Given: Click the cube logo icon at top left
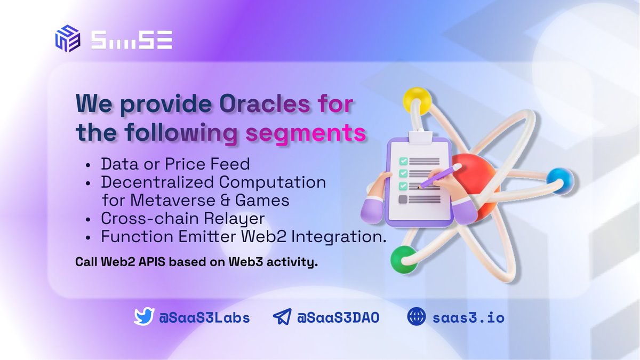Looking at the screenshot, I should coord(67,39).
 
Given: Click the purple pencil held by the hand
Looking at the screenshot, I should coord(441,176).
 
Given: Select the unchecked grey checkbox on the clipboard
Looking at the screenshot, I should coord(403,199).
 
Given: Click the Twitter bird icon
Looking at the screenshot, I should coord(143,317).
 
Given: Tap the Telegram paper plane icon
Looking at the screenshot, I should coord(282,317).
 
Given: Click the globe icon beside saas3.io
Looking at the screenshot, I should coord(416,317).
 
